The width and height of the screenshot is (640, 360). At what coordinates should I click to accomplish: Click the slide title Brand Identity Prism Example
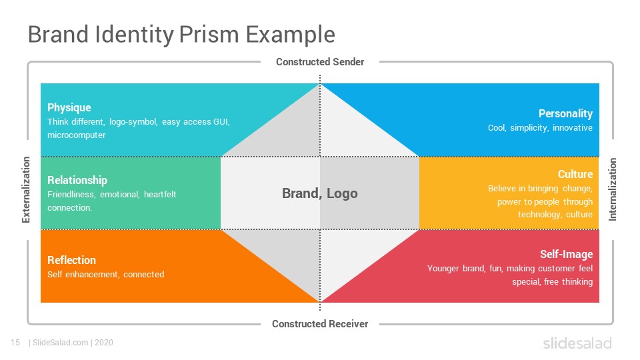pos(181,35)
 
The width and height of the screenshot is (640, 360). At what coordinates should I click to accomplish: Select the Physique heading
pos(69,108)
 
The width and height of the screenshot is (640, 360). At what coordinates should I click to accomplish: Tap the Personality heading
pos(565,113)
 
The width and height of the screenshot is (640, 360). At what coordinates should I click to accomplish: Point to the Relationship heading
pos(77,180)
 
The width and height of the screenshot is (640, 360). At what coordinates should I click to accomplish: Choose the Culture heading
pos(575,174)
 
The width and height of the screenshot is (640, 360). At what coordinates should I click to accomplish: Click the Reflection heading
pos(71,260)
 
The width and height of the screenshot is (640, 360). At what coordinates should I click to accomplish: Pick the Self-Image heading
pos(566,254)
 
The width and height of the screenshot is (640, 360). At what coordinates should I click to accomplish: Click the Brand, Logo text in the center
pos(319,193)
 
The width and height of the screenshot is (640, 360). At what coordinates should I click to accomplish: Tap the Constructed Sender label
pos(320,61)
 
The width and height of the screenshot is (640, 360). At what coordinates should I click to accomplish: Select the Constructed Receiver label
pos(320,324)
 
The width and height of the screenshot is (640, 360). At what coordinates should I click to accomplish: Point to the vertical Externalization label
pos(26,190)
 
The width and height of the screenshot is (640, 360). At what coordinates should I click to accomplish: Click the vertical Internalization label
pos(613,189)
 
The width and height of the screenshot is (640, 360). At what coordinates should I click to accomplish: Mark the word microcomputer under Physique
pos(76,135)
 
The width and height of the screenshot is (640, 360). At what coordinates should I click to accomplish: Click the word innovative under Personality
pos(572,128)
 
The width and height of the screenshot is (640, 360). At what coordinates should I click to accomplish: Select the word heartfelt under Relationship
pos(159,194)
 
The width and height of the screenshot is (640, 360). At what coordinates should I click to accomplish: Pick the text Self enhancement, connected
pos(106,274)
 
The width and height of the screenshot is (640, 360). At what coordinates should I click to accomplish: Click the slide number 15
pos(15,343)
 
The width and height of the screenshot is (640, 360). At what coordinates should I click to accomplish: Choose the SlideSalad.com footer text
pos(61,343)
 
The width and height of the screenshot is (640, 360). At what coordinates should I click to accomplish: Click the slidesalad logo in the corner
pos(577,343)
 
